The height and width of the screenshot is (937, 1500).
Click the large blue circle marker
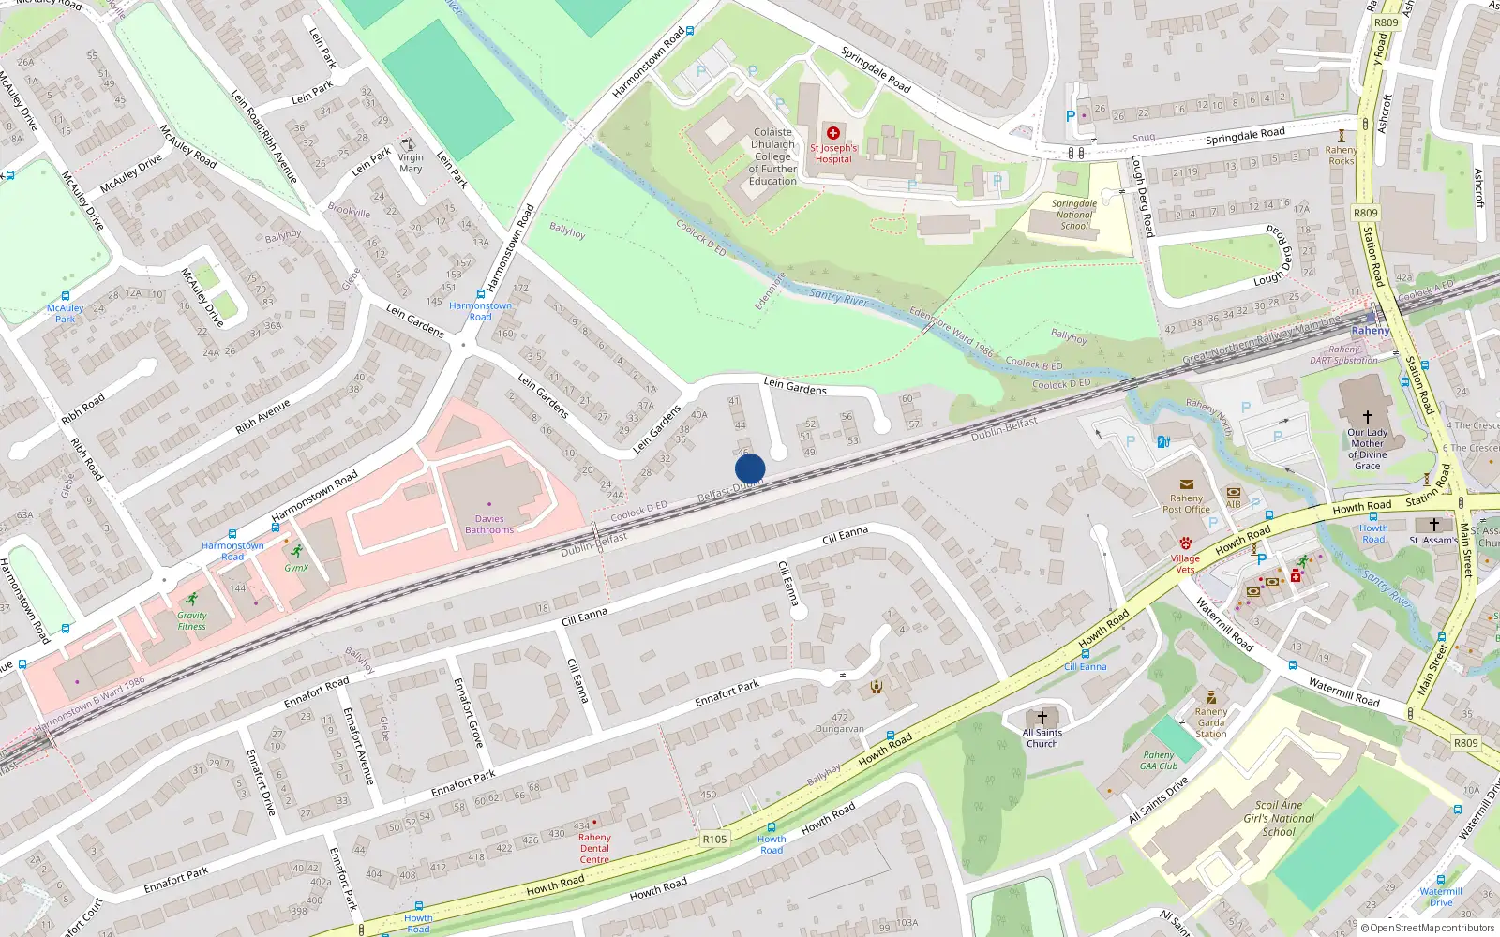(x=750, y=468)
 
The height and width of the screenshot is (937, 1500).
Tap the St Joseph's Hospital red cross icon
(x=832, y=133)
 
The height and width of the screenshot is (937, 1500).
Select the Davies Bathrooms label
(x=489, y=525)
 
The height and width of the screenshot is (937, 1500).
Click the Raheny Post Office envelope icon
(x=1187, y=484)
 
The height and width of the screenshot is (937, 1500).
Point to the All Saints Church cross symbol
(x=1042, y=718)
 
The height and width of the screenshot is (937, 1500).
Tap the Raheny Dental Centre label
(x=594, y=848)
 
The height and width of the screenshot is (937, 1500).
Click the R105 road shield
(x=714, y=839)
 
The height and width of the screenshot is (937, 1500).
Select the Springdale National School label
(x=1074, y=215)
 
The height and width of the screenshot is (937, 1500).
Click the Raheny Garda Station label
(x=1210, y=722)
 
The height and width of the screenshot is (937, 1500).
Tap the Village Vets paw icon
(x=1185, y=543)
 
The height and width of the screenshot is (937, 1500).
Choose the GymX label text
(x=296, y=568)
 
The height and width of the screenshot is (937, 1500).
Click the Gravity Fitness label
(x=191, y=621)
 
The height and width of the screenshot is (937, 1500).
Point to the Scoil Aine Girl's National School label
(x=1279, y=818)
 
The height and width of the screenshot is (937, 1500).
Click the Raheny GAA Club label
(x=1159, y=761)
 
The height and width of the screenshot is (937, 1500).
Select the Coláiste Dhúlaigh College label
(x=772, y=156)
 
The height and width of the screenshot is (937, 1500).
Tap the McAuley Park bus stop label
(x=65, y=313)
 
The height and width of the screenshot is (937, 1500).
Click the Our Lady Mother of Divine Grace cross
(x=1367, y=416)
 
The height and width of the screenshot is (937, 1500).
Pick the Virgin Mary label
(x=411, y=163)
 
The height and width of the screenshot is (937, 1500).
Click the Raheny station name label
(x=1371, y=331)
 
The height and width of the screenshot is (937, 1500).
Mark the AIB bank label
(x=1233, y=504)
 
